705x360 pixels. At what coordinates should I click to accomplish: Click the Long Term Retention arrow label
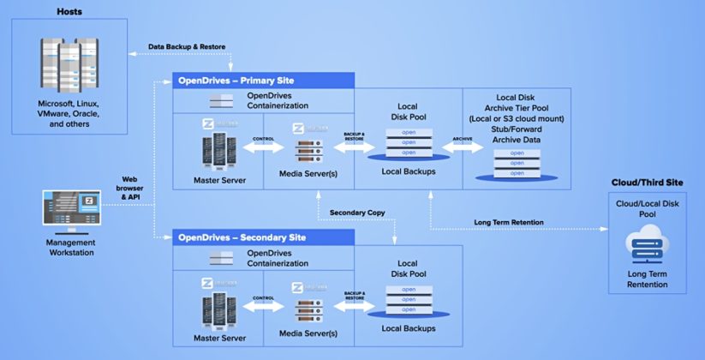[509, 223]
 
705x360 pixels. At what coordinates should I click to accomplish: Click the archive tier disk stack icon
[517, 164]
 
